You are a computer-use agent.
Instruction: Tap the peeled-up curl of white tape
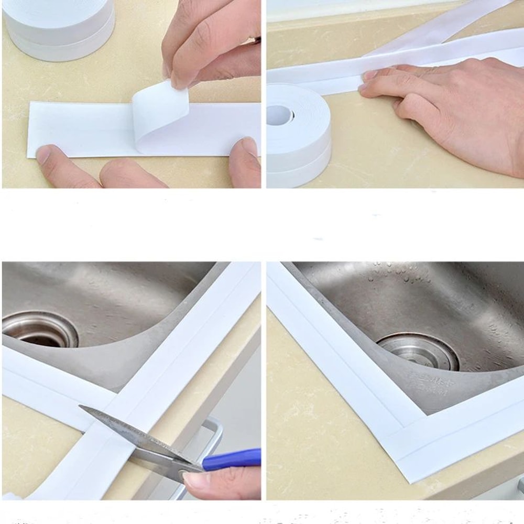point(160,113)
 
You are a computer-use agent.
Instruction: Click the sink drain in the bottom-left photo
point(40,330)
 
